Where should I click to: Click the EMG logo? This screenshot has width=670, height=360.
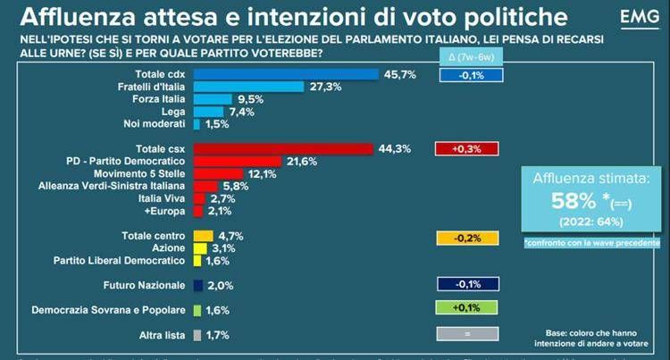pyautogui.click(x=633, y=18)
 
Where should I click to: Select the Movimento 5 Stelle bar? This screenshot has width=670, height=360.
pyautogui.click(x=218, y=173)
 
